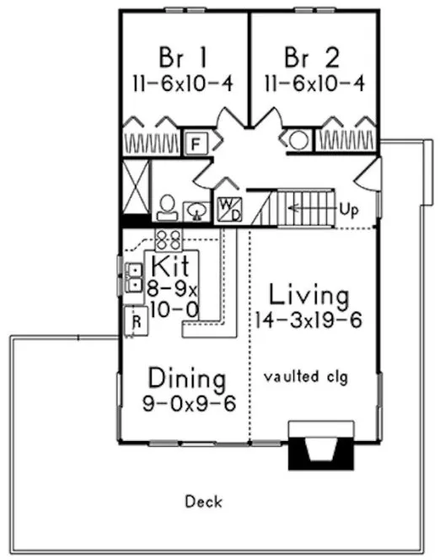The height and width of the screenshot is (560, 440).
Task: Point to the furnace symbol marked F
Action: pyautogui.click(x=196, y=142)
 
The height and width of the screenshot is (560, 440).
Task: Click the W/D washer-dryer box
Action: pyautogui.click(x=228, y=207)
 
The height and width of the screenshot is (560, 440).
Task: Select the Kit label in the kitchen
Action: pyautogui.click(x=175, y=267)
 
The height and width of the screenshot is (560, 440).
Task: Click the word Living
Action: pyautogui.click(x=309, y=296)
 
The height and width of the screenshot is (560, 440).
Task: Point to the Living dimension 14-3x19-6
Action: pyautogui.click(x=309, y=321)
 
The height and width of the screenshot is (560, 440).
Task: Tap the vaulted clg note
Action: pyautogui.click(x=305, y=375)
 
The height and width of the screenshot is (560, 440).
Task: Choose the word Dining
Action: pyautogui.click(x=187, y=376)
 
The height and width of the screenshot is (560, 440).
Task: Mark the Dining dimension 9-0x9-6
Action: pyautogui.click(x=189, y=401)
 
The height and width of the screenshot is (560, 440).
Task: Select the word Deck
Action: pyautogui.click(x=203, y=503)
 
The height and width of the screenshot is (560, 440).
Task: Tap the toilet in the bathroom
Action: pyautogui.click(x=166, y=207)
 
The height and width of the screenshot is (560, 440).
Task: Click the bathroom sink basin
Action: pyautogui.click(x=196, y=209)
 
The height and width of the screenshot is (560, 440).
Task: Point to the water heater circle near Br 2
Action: pyautogui.click(x=299, y=141)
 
